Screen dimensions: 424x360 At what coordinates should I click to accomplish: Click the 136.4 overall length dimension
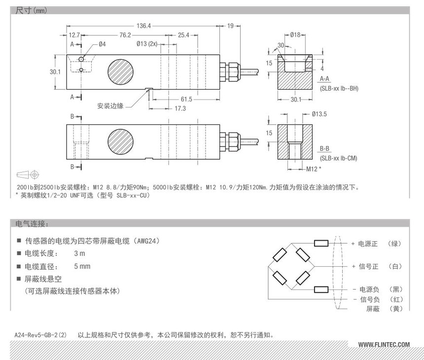coord(143,26)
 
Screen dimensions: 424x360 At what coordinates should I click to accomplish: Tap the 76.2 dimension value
coord(125,35)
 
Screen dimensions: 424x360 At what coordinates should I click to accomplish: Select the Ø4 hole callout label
coord(102,44)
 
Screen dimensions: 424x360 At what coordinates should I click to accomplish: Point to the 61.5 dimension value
coord(186,99)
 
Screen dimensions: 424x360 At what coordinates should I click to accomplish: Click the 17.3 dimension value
coord(180,108)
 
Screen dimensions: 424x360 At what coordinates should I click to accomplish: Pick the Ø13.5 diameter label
coord(319,114)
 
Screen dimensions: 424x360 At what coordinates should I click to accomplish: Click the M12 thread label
coord(312,169)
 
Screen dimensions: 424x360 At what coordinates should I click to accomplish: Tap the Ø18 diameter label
coord(295,35)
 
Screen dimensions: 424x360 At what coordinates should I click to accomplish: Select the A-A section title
coord(324,79)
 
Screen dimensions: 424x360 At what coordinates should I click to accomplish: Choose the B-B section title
coord(324,148)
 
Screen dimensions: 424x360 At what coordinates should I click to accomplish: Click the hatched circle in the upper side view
coord(120,72)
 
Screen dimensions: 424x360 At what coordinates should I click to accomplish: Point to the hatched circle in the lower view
coord(120,142)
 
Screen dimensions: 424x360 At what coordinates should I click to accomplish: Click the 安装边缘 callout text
coord(110,106)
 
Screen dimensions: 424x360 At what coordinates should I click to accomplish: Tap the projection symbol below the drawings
coord(28,175)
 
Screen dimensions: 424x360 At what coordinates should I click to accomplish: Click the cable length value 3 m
coord(79,253)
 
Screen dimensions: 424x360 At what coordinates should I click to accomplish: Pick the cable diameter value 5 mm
coord(82,266)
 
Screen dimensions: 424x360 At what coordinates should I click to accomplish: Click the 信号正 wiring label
coord(368,267)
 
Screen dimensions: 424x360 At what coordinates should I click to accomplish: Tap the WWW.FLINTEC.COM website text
coord(384,345)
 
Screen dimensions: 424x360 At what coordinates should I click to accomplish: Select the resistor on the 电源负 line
coord(321,289)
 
